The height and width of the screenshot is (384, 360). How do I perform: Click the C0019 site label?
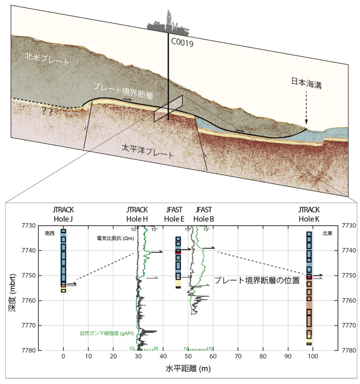(183, 44)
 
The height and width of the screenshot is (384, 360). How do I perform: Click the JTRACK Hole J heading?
(63, 215)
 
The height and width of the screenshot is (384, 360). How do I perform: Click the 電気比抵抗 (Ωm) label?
(113, 238)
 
